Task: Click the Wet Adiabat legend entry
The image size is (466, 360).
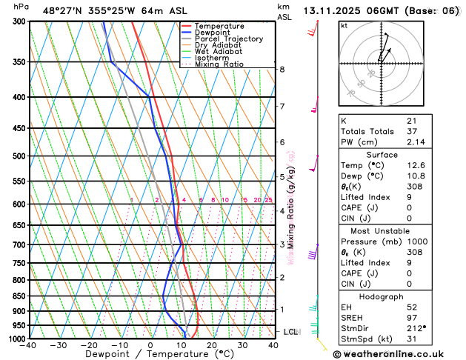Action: (x=218, y=51)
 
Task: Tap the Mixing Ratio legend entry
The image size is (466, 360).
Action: (x=219, y=64)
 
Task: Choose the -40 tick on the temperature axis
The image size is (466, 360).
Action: (x=28, y=345)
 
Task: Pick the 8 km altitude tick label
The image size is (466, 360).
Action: (x=282, y=70)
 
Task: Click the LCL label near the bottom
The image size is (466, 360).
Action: (x=290, y=332)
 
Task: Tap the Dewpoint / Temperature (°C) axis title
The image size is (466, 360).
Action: (x=150, y=355)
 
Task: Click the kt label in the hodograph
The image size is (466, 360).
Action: (x=344, y=25)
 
